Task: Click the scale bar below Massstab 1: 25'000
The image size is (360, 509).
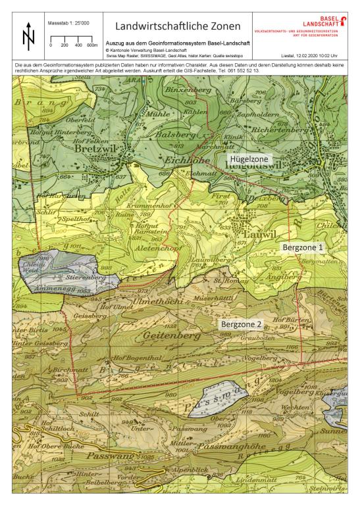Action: [72, 41]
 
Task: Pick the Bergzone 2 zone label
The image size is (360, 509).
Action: [242, 324]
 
